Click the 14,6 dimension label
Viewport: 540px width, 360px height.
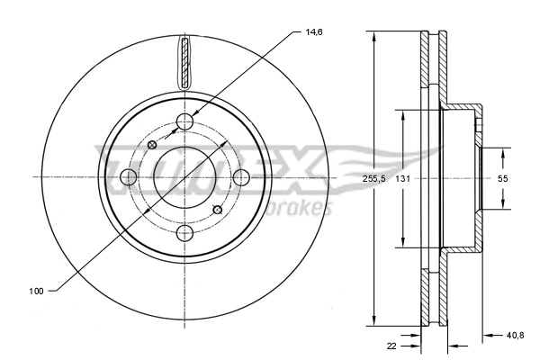pyautogui.click(x=314, y=32)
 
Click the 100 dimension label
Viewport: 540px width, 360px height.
pyautogui.click(x=36, y=291)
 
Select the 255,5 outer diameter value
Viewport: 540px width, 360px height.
pyautogui.click(x=373, y=179)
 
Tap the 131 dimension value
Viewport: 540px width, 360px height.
pyautogui.click(x=402, y=179)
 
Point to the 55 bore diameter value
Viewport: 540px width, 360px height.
pyautogui.click(x=503, y=179)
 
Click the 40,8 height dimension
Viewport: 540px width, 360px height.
pyautogui.click(x=515, y=335)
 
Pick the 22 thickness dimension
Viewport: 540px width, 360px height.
pyautogui.click(x=391, y=346)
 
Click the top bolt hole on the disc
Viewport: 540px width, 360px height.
pyautogui.click(x=184, y=121)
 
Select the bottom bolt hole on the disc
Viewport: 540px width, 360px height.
pyautogui.click(x=184, y=234)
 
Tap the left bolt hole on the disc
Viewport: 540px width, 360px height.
pyautogui.click(x=129, y=177)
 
